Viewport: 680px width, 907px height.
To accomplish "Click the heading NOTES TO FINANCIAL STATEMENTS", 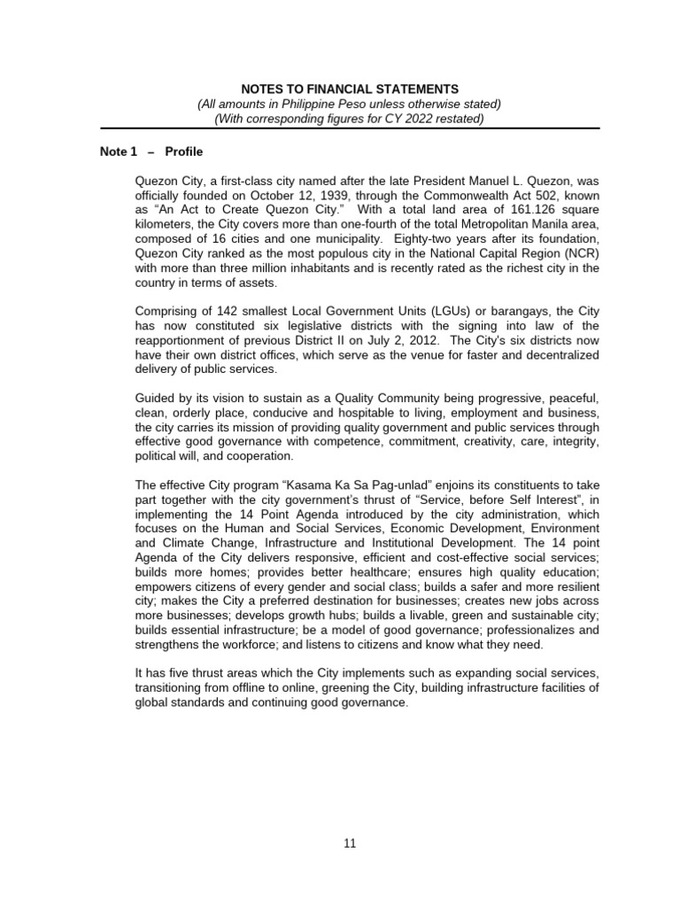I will [x=351, y=89].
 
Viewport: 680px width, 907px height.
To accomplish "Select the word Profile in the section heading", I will [x=185, y=151].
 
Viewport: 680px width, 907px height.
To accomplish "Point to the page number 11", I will [x=350, y=843].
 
